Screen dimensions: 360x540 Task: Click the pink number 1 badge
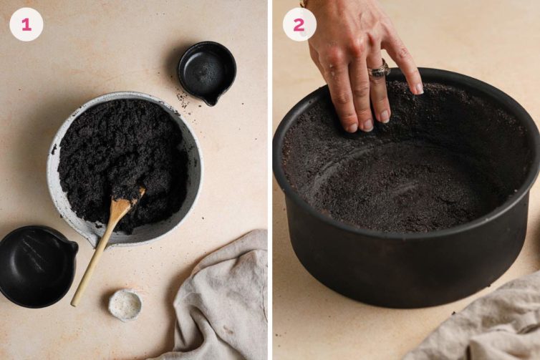pos(26,24)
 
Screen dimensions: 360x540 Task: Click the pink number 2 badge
pos(299,24)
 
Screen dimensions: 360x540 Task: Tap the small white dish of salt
pos(125,303)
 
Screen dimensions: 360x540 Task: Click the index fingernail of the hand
pos(418,88)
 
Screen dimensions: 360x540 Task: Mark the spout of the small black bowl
pos(211,101)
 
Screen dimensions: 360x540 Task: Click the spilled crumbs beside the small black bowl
pos(179,100)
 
